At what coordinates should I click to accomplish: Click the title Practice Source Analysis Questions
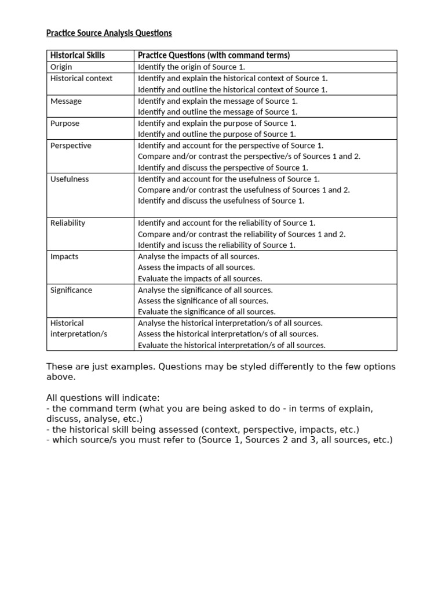pyautogui.click(x=109, y=33)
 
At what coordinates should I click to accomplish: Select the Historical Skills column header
pyautogui.click(x=78, y=55)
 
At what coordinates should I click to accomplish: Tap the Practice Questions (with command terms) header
pyautogui.click(x=213, y=55)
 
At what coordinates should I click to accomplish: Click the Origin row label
pyautogui.click(x=61, y=67)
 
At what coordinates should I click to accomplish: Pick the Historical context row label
pyautogui.click(x=82, y=78)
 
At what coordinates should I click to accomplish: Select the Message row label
pyautogui.click(x=66, y=101)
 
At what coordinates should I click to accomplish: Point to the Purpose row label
pyautogui.click(x=65, y=123)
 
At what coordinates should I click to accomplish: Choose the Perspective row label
pyautogui.click(x=71, y=146)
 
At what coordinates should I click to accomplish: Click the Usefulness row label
pyautogui.click(x=70, y=179)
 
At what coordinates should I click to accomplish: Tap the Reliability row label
pyautogui.click(x=68, y=223)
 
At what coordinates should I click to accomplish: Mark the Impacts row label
pyautogui.click(x=64, y=256)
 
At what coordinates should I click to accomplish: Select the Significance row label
pyautogui.click(x=71, y=290)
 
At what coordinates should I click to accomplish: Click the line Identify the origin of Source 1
pyautogui.click(x=191, y=67)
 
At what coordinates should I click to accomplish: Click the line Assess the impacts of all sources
pyautogui.click(x=196, y=267)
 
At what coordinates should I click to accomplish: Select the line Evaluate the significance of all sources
pyautogui.click(x=206, y=312)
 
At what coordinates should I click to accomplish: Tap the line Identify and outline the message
pyautogui.click(x=217, y=112)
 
